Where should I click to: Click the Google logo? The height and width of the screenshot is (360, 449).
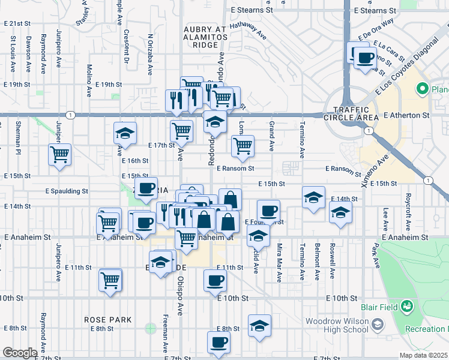click(x=19, y=353)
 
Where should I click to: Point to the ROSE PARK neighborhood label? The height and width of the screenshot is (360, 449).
click(x=108, y=320)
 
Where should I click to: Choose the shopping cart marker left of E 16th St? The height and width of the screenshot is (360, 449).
click(x=60, y=155)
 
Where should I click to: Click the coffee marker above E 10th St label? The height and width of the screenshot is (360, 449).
click(x=215, y=280)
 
